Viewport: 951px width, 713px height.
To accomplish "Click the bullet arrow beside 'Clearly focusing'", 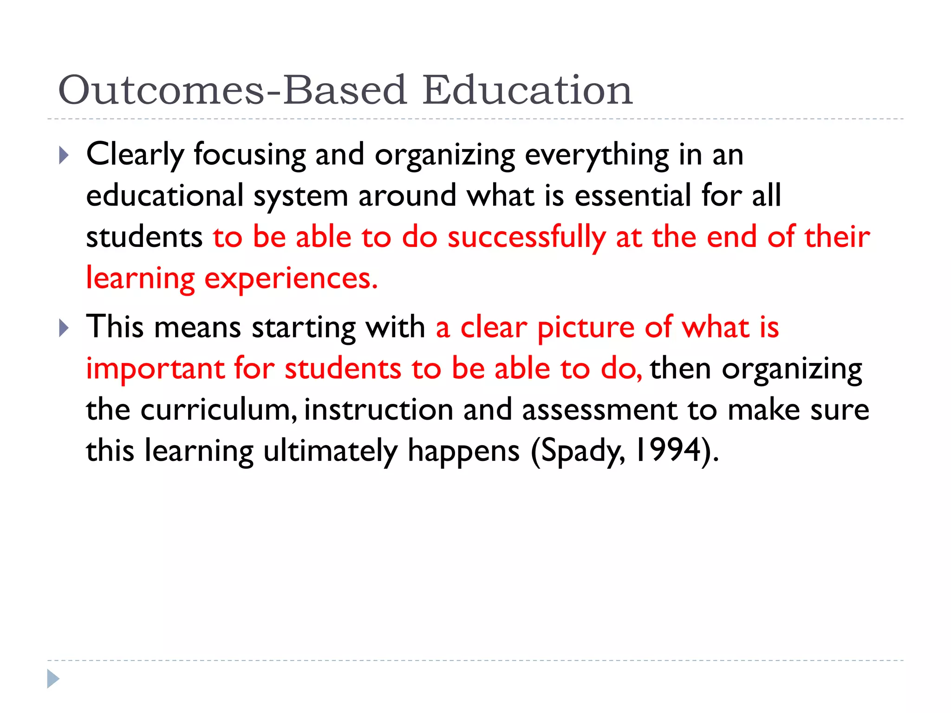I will pos(64,156).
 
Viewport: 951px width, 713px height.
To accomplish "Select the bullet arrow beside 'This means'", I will pos(64,328).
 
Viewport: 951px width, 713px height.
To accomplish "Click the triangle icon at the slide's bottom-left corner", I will pos(53,679).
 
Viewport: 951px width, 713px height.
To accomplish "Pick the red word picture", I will pos(586,328).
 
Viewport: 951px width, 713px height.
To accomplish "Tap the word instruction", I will pos(378,410).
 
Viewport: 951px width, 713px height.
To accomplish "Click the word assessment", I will pos(599,410).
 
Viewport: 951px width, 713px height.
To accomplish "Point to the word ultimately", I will pos(330,451).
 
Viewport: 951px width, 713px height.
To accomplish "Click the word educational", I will pos(164,195).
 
